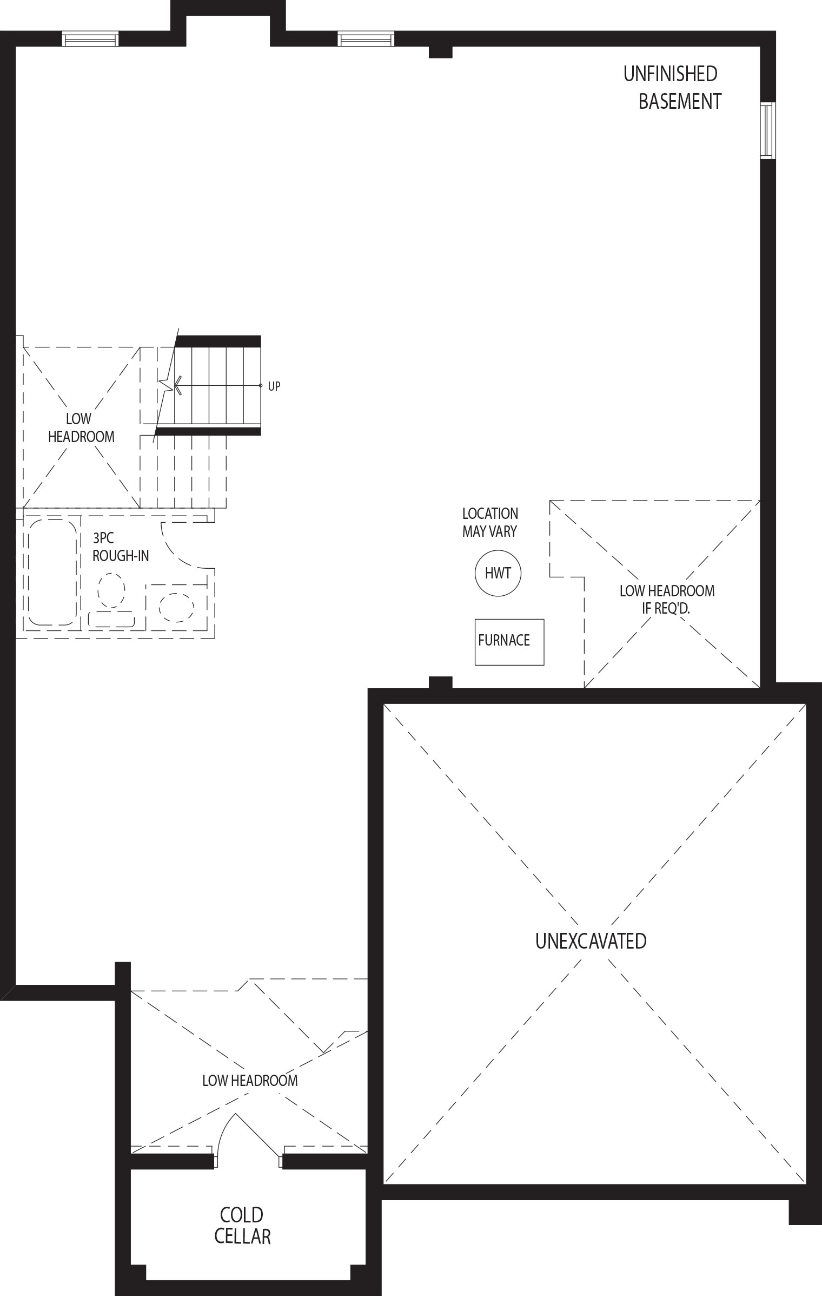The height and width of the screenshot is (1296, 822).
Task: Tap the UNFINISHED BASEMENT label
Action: (672, 87)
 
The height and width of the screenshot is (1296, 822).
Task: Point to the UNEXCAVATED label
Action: (591, 941)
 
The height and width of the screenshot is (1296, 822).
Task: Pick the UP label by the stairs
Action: (274, 386)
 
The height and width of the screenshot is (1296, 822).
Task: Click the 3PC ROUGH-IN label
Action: (121, 547)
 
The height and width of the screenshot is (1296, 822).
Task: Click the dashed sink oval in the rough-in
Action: (176, 607)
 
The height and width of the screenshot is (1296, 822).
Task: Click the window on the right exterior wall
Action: (767, 130)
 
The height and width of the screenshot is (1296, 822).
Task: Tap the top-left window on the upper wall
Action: (90, 39)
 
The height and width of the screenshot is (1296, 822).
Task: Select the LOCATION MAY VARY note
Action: (490, 522)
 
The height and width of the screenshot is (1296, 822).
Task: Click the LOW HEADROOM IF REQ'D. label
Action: (667, 599)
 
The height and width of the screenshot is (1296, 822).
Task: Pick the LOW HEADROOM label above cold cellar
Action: (250, 1081)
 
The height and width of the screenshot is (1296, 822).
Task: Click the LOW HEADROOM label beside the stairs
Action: (81, 427)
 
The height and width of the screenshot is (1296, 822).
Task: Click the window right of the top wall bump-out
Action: (366, 39)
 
